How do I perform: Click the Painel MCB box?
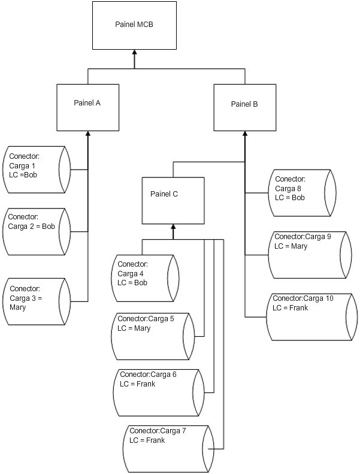[x=134, y=25]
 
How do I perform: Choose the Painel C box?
[x=173, y=200]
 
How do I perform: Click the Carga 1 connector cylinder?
[x=37, y=169]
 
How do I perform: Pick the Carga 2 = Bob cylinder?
[x=37, y=231]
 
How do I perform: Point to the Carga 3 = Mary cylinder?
[x=37, y=301]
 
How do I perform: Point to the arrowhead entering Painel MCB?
[x=134, y=53]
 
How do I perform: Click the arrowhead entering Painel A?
[x=88, y=134]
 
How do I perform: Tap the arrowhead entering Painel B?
[x=244, y=134]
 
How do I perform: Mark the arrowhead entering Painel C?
[x=173, y=227]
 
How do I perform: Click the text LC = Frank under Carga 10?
[x=291, y=307]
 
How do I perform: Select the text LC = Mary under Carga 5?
[x=134, y=328]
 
